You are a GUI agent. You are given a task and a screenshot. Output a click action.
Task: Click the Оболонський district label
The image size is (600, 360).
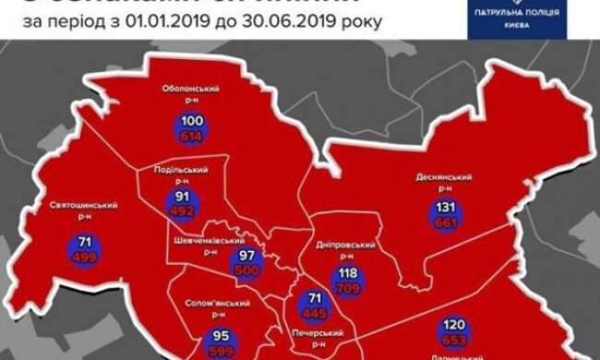click(189, 93)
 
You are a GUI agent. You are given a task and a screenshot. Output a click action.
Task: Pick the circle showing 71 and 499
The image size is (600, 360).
click(77, 251)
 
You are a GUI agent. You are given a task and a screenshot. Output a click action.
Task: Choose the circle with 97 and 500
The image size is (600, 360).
click(247, 260)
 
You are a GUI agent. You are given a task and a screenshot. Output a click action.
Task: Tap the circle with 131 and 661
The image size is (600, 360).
click(447, 215)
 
